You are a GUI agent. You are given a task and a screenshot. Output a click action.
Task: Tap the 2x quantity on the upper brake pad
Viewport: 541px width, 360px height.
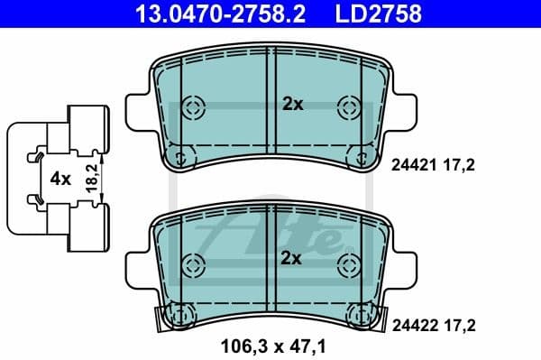pyautogui.click(x=293, y=104)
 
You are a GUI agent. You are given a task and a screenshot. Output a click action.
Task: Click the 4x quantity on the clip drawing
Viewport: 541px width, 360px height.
pyautogui.click(x=60, y=179)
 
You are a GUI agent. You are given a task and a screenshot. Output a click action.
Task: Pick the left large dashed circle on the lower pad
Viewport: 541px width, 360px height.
pyautogui.click(x=192, y=264)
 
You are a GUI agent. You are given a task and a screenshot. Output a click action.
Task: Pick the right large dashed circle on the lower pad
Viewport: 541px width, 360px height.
pyautogui.click(x=347, y=264)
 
